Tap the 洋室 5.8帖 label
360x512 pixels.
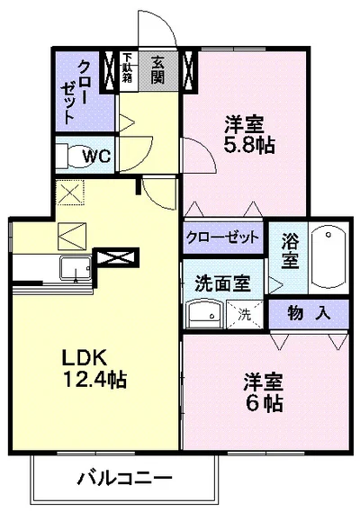(x=248, y=133)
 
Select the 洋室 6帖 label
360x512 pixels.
(x=262, y=392)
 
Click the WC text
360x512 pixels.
(x=96, y=157)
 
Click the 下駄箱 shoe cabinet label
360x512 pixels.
(x=128, y=69)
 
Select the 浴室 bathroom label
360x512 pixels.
(x=289, y=250)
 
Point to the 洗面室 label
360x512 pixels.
(x=222, y=282)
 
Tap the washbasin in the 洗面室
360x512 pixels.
(x=204, y=315)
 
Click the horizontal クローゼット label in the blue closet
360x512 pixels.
(x=221, y=237)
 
